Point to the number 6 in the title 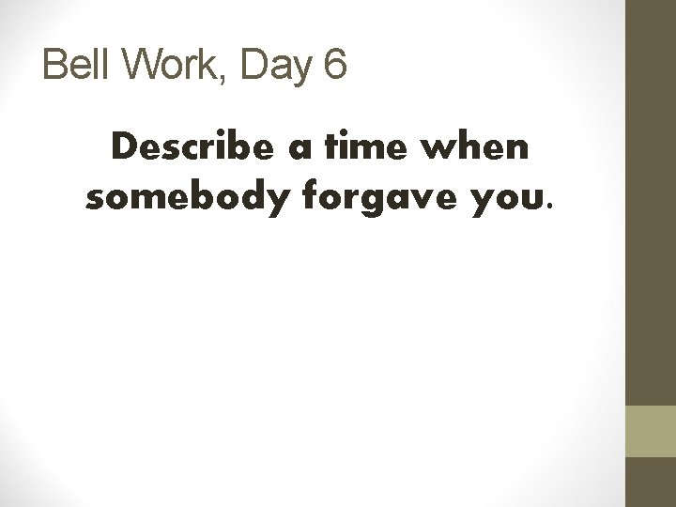336,66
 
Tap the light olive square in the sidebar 651,431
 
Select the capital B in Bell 55,66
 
